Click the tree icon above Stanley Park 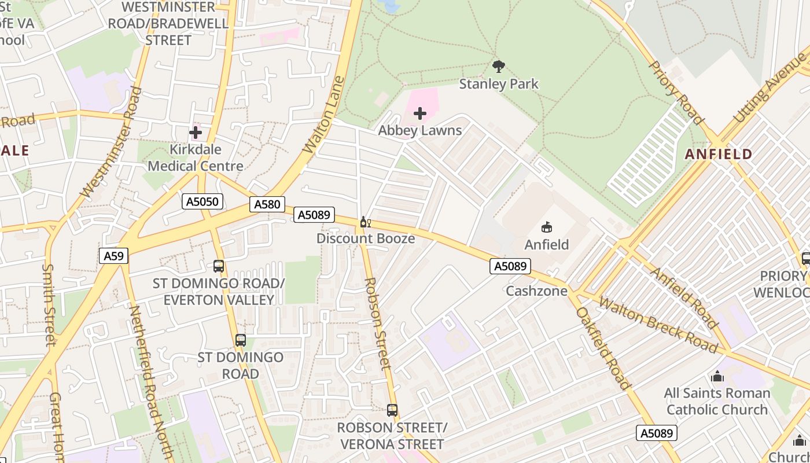(x=498, y=67)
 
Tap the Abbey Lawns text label (x=420, y=130)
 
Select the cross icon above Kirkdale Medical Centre (x=196, y=133)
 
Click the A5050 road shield (x=203, y=201)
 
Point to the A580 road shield (x=267, y=204)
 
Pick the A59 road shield (x=113, y=256)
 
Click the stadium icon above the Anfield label (x=547, y=227)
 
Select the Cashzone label (x=537, y=291)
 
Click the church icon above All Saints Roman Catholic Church (x=717, y=377)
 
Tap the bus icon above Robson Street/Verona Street (x=392, y=410)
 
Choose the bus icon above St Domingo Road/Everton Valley (x=219, y=266)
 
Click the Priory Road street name (x=676, y=93)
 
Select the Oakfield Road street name (x=603, y=347)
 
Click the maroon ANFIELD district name (x=719, y=155)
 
